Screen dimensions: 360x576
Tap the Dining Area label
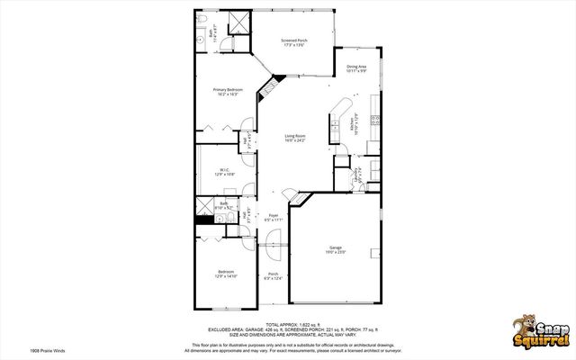356,68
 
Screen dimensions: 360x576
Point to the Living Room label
295,138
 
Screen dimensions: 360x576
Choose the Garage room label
335,250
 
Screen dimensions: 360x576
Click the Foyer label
274,217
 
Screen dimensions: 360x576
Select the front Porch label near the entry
274,276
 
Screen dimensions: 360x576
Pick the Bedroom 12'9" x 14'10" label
225,274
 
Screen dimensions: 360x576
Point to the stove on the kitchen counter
375,120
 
